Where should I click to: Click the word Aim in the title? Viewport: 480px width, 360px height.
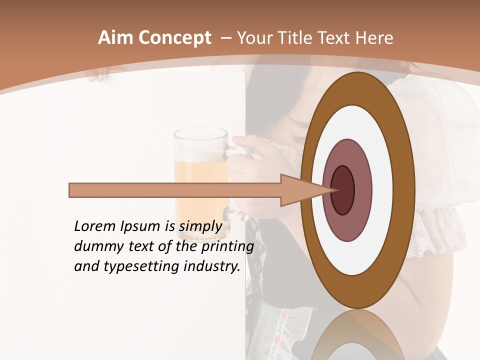coord(115,38)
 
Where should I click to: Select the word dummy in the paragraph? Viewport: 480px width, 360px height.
coord(95,246)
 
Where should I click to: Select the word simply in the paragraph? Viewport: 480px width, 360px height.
coord(200,226)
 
